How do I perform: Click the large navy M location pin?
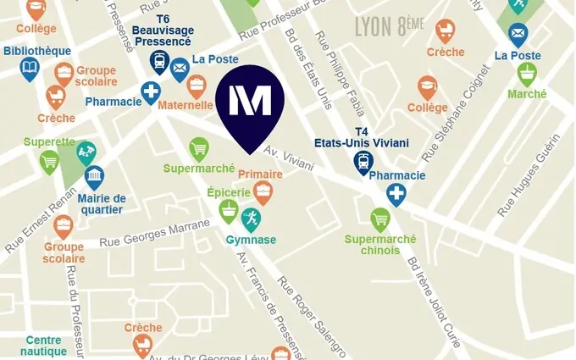[x=250, y=102]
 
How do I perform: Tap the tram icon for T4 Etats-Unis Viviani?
[x=363, y=161]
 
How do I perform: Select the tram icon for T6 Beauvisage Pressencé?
[x=159, y=61]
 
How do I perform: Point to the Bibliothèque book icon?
[x=30, y=67]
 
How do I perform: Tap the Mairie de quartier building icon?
[x=94, y=177]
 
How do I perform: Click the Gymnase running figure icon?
[x=251, y=219]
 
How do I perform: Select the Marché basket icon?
[x=527, y=73]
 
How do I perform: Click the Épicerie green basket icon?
[x=228, y=209]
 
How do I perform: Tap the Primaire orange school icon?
[x=263, y=194]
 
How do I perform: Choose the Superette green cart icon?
[x=50, y=160]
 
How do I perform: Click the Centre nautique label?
[x=42, y=346]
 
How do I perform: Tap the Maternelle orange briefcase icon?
[x=197, y=85]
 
